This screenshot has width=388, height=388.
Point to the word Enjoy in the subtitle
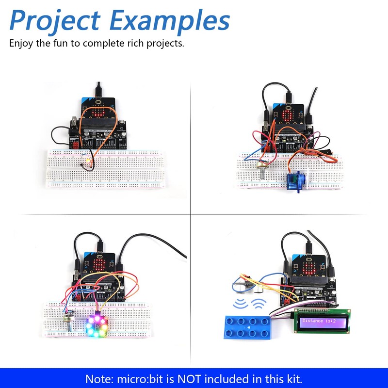pos(21,43)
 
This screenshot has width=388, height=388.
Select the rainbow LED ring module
pos(97,323)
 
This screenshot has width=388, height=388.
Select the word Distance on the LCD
pos(312,321)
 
